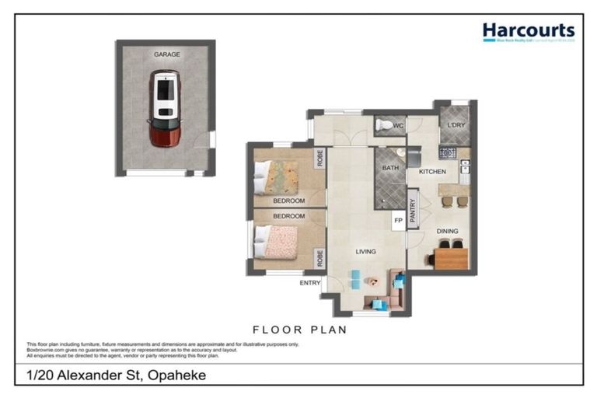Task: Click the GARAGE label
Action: click(x=166, y=54)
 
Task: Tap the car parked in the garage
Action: click(x=165, y=109)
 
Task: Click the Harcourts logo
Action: click(x=528, y=32)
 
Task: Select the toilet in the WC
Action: click(x=385, y=124)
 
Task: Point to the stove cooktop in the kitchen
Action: click(x=448, y=152)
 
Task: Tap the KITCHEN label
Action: click(x=432, y=171)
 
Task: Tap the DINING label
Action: click(x=447, y=231)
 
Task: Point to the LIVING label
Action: click(x=365, y=252)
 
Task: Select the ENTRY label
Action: click(x=310, y=283)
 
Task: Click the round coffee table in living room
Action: click(x=375, y=281)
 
